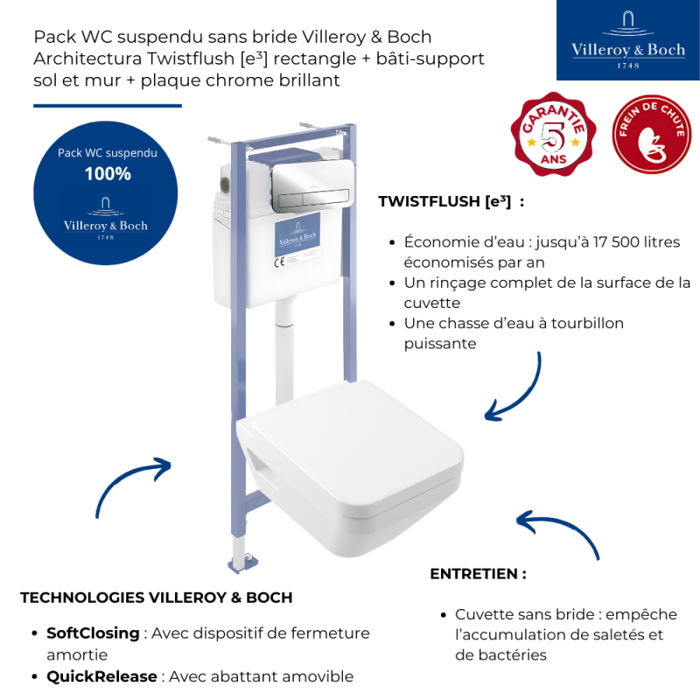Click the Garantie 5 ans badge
point(553,134)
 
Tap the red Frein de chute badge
point(651,134)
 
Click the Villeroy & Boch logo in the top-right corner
point(627,40)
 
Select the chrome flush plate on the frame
point(313,185)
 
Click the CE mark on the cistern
point(279,262)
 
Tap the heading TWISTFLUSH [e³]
point(444,201)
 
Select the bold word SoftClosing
point(93,633)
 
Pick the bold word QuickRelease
point(101,676)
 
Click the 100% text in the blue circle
point(108,173)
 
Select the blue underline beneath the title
point(108,106)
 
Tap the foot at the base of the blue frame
point(243,563)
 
